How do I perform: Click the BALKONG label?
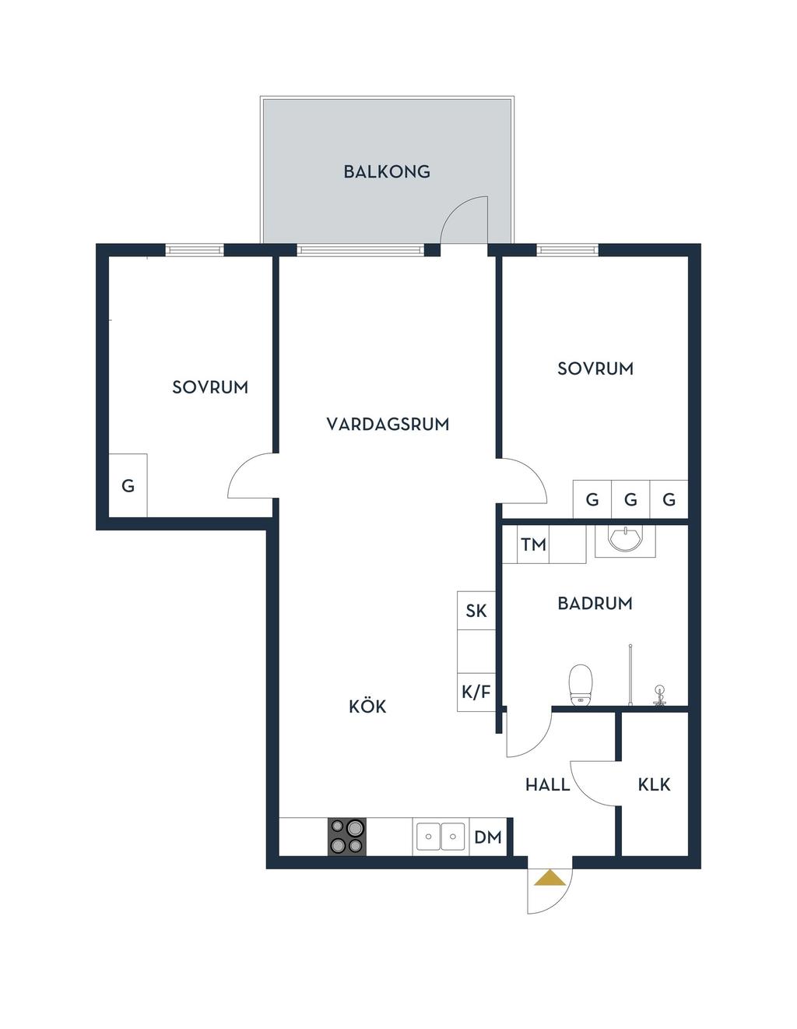(387, 171)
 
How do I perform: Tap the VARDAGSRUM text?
(388, 424)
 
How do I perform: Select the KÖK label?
(367, 706)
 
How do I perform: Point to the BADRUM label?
(595, 603)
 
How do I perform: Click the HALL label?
(547, 784)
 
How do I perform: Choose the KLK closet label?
(654, 784)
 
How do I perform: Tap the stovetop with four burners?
(346, 837)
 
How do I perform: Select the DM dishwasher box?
(488, 837)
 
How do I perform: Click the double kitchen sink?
(441, 837)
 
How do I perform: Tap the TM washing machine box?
(533, 544)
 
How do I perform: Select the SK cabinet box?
(476, 611)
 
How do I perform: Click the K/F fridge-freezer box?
(476, 692)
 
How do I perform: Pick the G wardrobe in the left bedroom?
(128, 485)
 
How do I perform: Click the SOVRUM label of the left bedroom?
(210, 387)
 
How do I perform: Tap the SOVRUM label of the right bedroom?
(595, 368)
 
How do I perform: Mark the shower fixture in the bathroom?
(659, 695)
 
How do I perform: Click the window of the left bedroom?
(195, 249)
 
